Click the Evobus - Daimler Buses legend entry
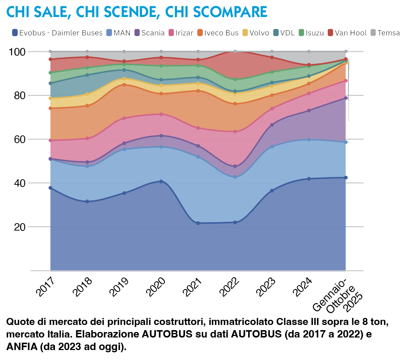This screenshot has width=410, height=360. point(57,33)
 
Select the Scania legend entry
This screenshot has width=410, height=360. point(149,33)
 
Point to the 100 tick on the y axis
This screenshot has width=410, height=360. point(17,52)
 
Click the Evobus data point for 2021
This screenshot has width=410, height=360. point(198,223)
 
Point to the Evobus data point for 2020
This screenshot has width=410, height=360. point(161,181)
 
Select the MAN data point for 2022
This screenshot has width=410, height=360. point(235,177)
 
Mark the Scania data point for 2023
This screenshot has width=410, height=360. point(272,125)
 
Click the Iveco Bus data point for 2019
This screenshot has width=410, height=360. point(124,85)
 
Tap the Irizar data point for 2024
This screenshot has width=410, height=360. point(309,94)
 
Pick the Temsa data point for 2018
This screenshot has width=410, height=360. point(87,52)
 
